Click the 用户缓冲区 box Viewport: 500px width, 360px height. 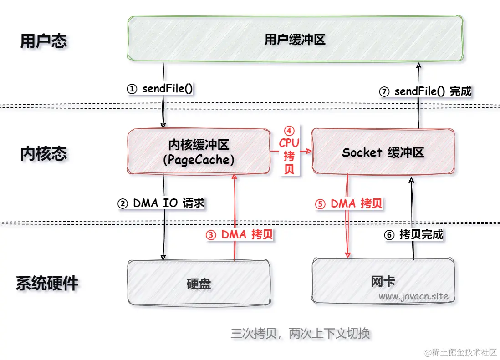tap(295, 40)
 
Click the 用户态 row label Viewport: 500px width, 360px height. tap(44, 41)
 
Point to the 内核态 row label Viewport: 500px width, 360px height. tap(44, 153)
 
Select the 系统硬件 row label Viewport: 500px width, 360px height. tap(47, 283)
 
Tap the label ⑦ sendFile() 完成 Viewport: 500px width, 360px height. tap(425, 91)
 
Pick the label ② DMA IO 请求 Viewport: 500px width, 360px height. tap(161, 203)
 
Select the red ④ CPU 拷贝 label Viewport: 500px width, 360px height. tap(289, 150)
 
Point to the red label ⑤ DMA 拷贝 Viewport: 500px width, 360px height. tap(349, 203)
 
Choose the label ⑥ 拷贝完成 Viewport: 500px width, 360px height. tap(413, 235)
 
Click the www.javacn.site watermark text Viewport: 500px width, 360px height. tap(413, 297)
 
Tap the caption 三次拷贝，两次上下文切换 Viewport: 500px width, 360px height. tap(301, 333)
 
